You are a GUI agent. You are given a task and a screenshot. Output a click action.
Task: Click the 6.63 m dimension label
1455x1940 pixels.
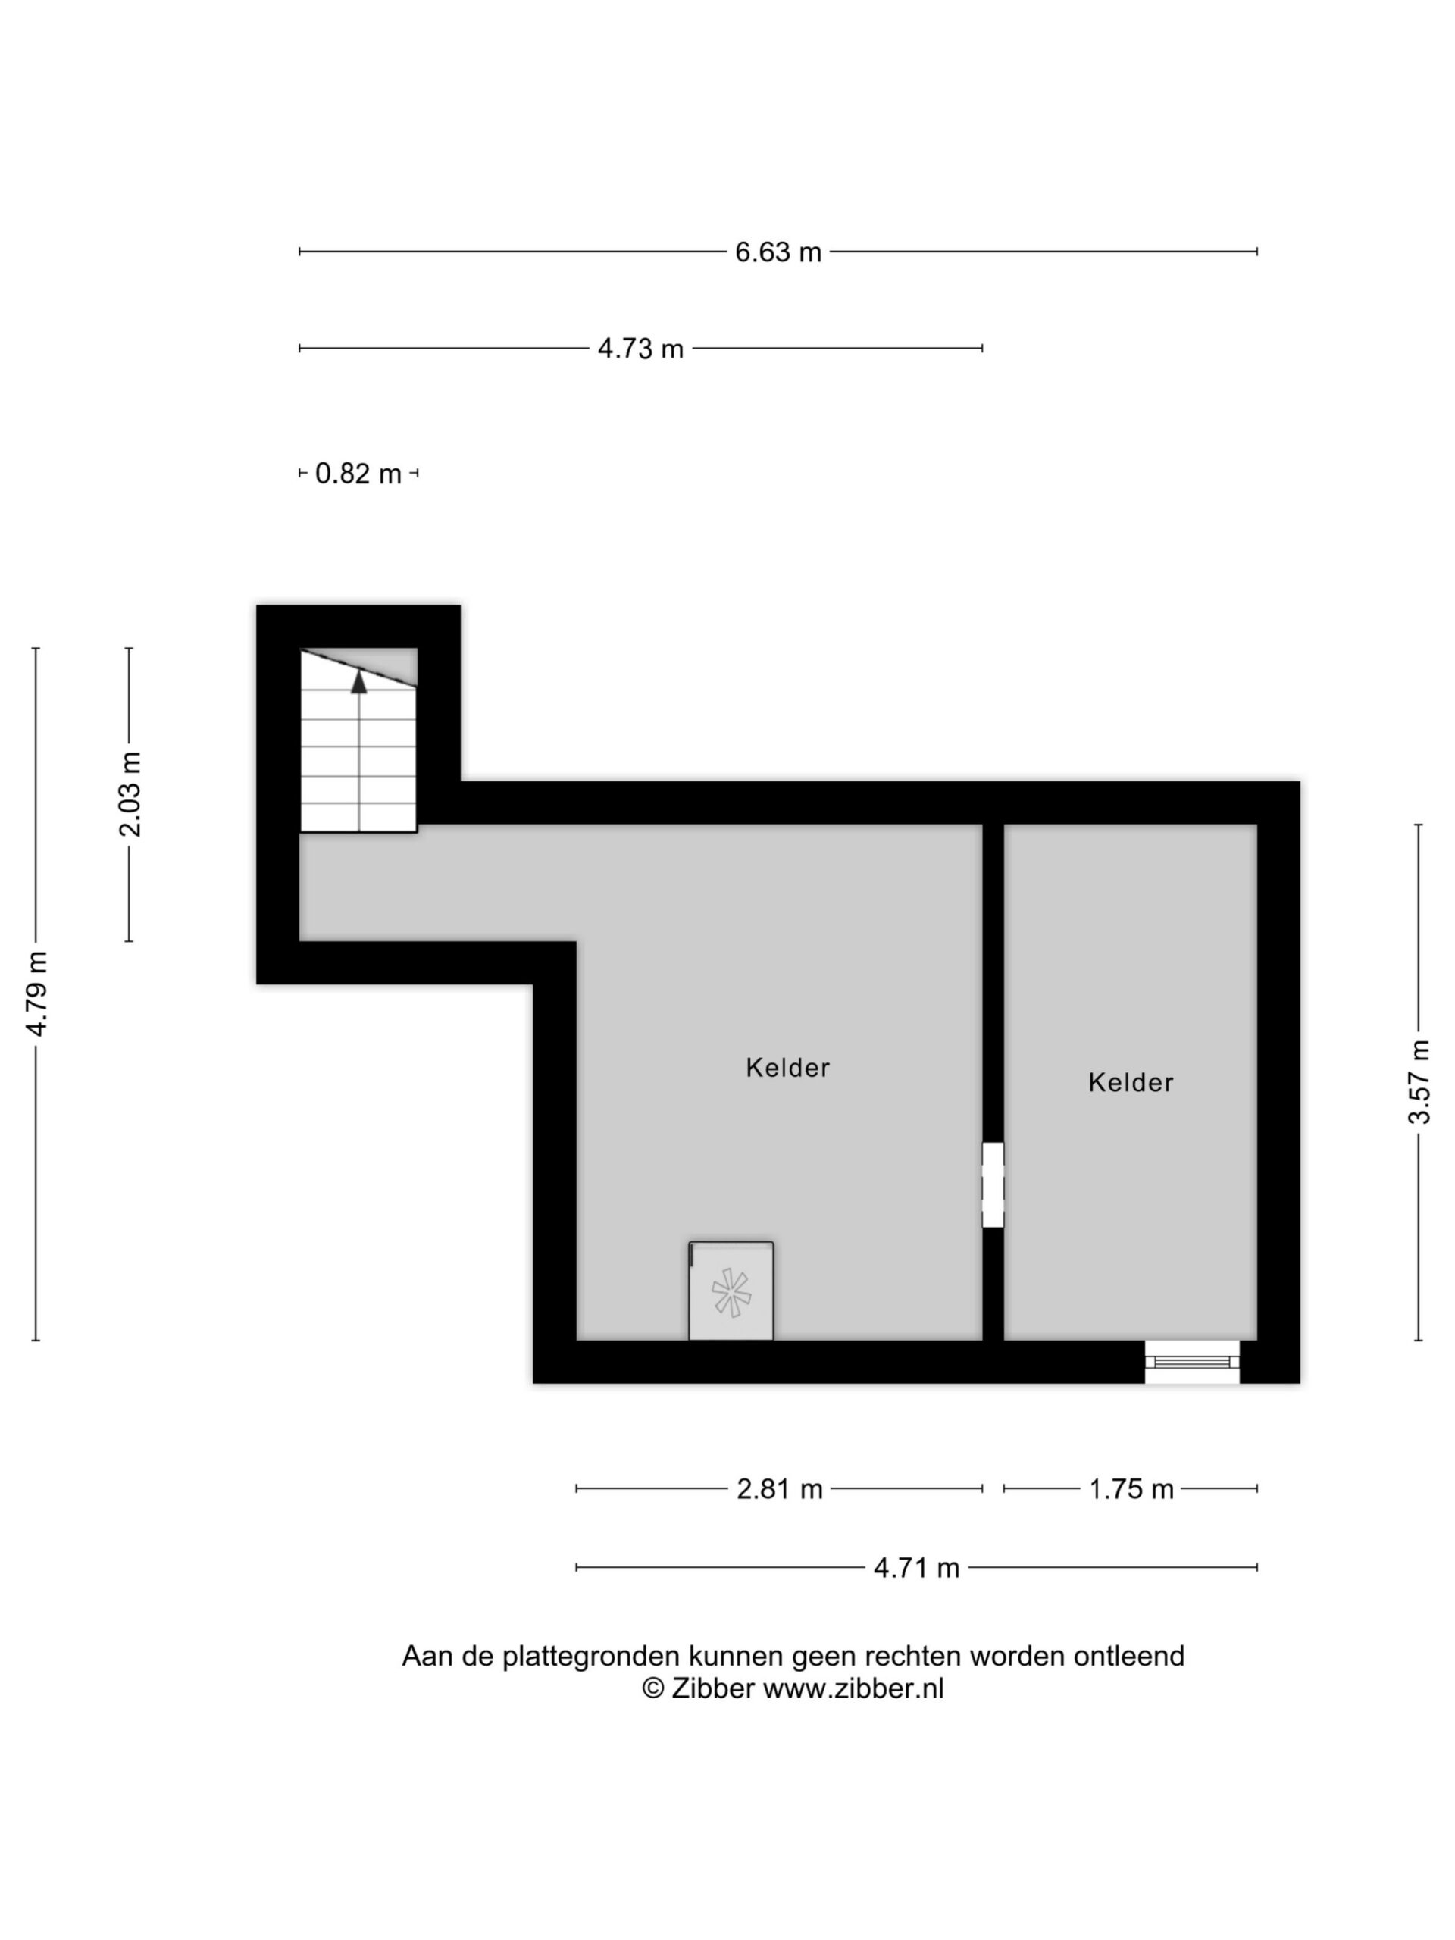click(778, 252)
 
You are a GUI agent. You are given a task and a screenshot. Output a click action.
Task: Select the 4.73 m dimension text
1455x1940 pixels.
click(640, 349)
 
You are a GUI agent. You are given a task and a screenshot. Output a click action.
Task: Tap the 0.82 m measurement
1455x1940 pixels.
click(358, 474)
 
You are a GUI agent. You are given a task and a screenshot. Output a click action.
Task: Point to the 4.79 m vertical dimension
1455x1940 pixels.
click(37, 993)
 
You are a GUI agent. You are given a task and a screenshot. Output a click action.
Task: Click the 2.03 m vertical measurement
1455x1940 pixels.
click(130, 795)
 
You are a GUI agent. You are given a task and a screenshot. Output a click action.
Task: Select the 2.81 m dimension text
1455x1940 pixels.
click(780, 1489)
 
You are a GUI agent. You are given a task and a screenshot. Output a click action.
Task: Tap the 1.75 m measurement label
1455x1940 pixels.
click(1131, 1489)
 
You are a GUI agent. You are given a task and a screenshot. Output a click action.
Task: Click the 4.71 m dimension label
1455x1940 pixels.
click(916, 1567)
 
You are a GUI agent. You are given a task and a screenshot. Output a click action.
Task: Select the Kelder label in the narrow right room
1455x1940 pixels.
click(1131, 1082)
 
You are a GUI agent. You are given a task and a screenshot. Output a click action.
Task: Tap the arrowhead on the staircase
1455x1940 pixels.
click(358, 681)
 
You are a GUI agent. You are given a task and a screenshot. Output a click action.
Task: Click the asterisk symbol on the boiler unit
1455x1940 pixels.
click(731, 1293)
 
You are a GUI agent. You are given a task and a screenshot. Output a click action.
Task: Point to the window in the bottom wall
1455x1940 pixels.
click(1192, 1362)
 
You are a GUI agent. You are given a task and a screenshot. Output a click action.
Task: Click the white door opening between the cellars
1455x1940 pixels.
click(993, 1185)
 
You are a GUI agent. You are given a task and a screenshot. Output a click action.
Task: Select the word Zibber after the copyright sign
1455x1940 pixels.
click(713, 1688)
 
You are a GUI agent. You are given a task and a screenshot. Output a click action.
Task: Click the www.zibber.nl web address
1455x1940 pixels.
click(853, 1688)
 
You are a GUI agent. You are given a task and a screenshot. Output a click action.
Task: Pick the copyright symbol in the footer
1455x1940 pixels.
click(652, 1688)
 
